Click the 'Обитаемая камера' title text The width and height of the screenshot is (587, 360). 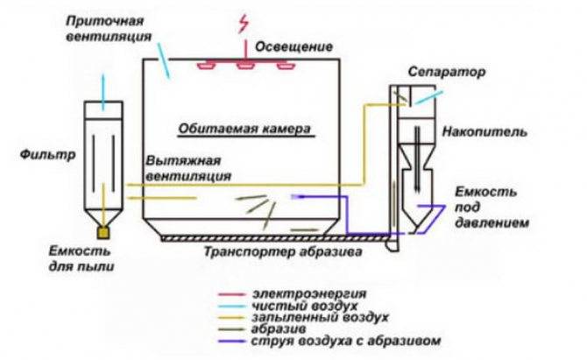[x=245, y=128]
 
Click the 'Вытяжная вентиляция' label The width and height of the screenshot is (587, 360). [x=189, y=168]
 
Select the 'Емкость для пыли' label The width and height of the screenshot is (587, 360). [x=81, y=254]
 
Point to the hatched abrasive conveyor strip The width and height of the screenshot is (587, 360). [x=263, y=237]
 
